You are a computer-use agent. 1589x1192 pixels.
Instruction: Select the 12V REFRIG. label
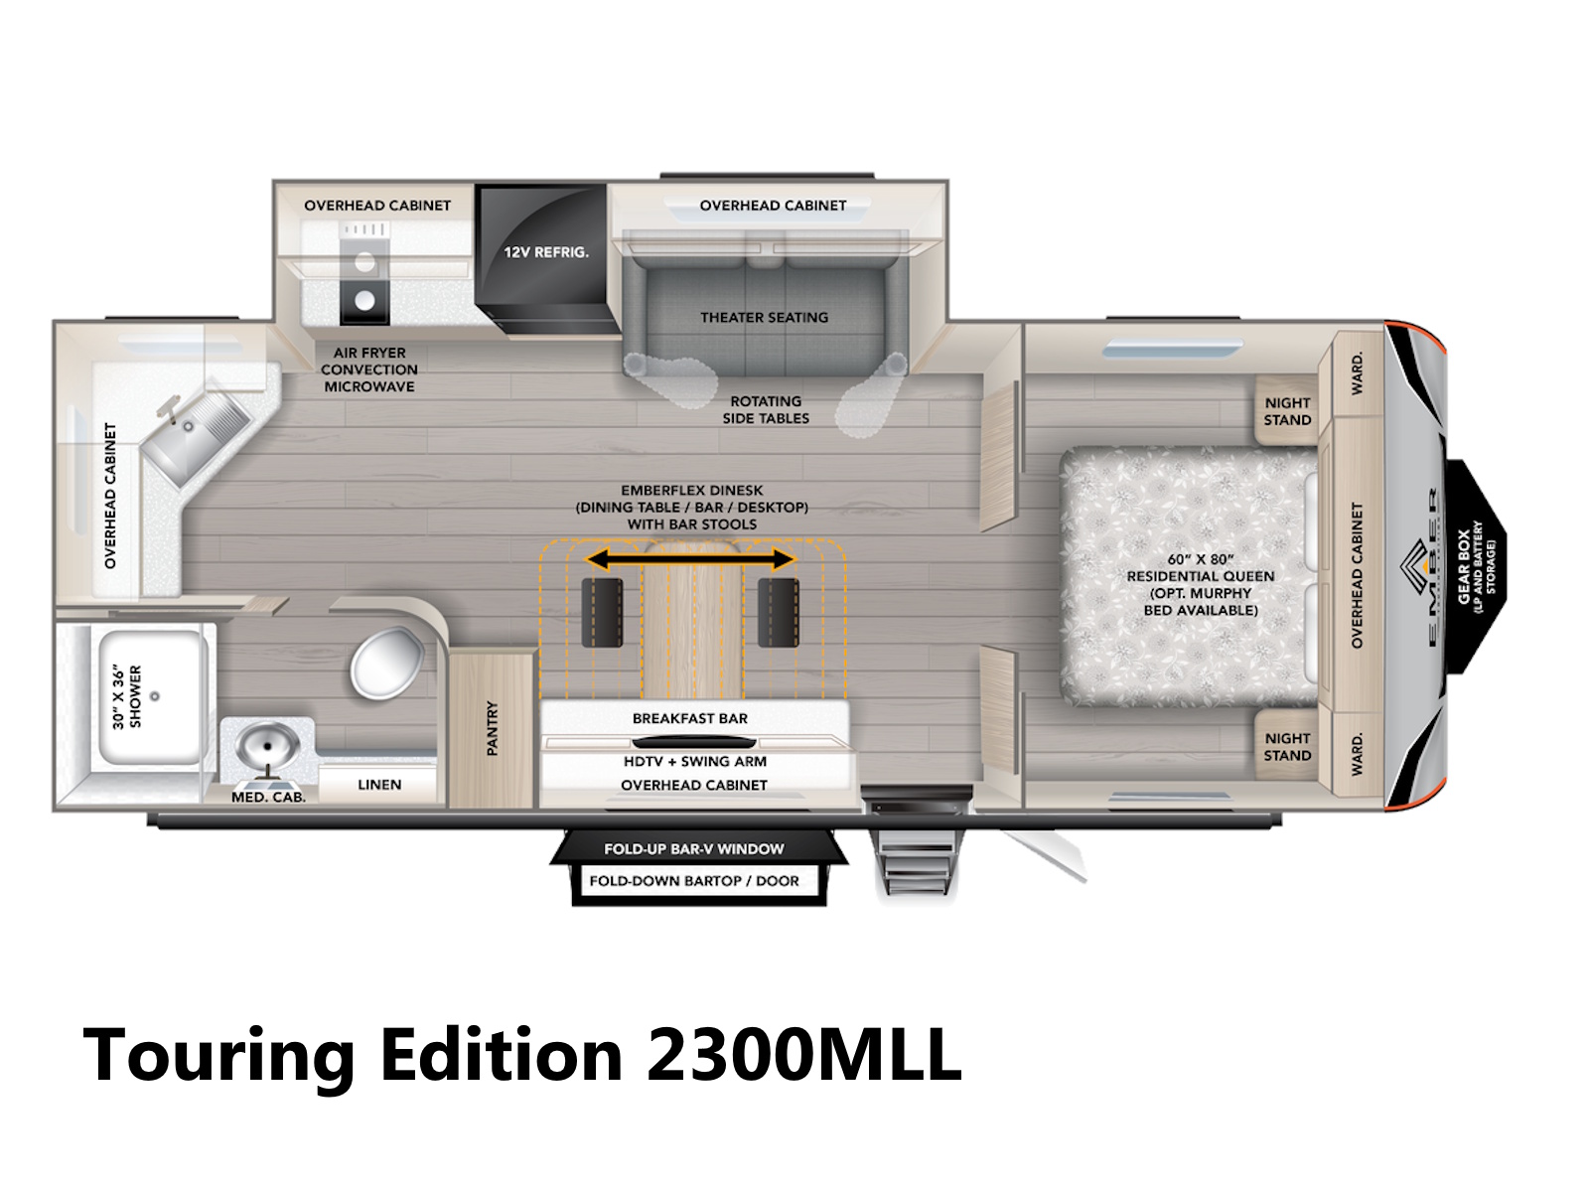(x=546, y=252)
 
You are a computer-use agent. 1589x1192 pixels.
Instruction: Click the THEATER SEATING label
(x=764, y=317)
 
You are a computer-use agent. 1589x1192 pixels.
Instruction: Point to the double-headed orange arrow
(x=690, y=558)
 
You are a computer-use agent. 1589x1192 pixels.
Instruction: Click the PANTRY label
(x=493, y=727)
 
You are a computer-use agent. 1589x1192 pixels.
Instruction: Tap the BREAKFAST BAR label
(x=690, y=718)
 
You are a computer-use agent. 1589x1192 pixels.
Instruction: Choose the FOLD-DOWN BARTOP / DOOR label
(x=694, y=881)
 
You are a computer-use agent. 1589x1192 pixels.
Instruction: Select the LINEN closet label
(x=379, y=785)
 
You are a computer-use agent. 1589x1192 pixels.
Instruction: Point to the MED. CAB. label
(x=268, y=798)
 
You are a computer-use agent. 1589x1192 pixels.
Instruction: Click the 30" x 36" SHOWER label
(x=127, y=696)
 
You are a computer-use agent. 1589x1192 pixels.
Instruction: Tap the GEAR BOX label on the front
(x=1464, y=567)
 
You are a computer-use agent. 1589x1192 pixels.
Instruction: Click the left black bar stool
(x=602, y=612)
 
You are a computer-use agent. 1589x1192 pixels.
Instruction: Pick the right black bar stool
(x=779, y=612)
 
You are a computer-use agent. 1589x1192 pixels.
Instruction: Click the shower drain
(x=154, y=696)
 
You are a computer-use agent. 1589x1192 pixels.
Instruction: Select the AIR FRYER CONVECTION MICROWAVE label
(x=369, y=370)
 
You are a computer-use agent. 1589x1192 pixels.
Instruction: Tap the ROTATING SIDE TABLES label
(x=765, y=409)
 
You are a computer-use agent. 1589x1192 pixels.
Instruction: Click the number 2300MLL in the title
(x=804, y=1055)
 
